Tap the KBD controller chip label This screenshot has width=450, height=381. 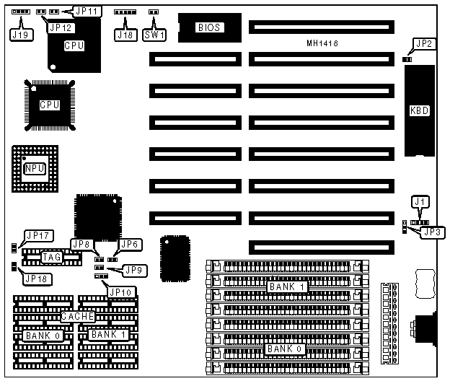point(419,110)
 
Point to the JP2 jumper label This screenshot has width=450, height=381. point(424,44)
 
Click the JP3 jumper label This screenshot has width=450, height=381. point(434,232)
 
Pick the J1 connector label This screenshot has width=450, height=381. point(420,202)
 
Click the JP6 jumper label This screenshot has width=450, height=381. point(129,245)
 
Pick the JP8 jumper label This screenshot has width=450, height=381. point(81,245)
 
